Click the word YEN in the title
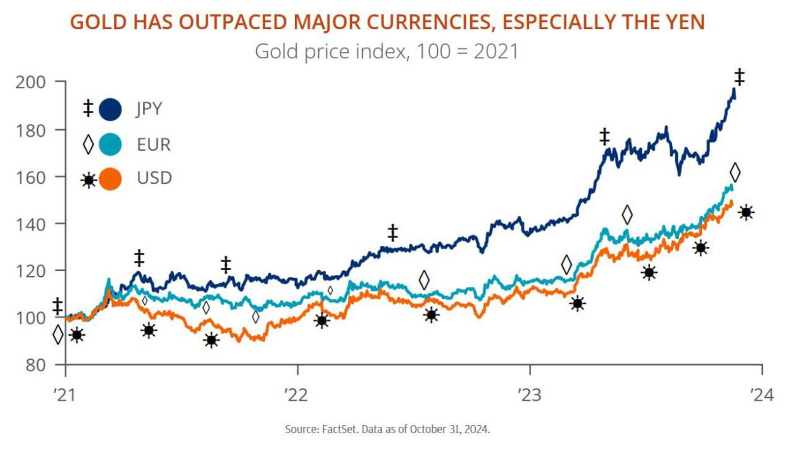tap(682, 22)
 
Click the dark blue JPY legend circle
tap(110, 109)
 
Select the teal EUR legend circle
tap(110, 144)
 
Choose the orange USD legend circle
tap(110, 179)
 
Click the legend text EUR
tap(154, 144)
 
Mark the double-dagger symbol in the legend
tap(88, 109)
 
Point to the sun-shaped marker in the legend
tap(88, 180)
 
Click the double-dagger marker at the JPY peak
tap(739, 77)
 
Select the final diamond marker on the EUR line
tap(735, 172)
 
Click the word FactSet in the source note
tap(340, 429)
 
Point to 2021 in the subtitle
tap(494, 51)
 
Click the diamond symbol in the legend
tap(88, 144)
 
